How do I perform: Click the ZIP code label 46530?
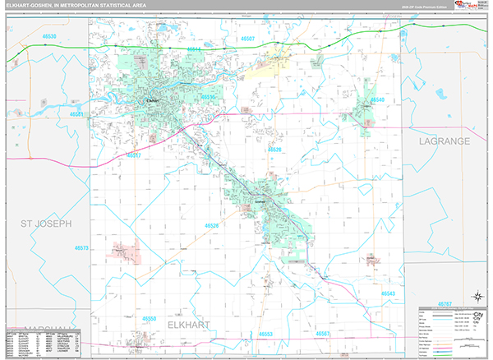[x=49, y=38]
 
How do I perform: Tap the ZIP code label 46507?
[x=247, y=39]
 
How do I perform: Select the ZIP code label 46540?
[x=377, y=100]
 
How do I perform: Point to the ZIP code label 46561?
[x=78, y=114]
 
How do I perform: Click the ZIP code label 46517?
[x=134, y=155]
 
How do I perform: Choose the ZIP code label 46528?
[x=274, y=150]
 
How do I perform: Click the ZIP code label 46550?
[x=149, y=317]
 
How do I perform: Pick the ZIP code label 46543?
[x=388, y=293]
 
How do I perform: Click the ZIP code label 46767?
[x=444, y=304]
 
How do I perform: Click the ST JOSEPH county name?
[x=47, y=223]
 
